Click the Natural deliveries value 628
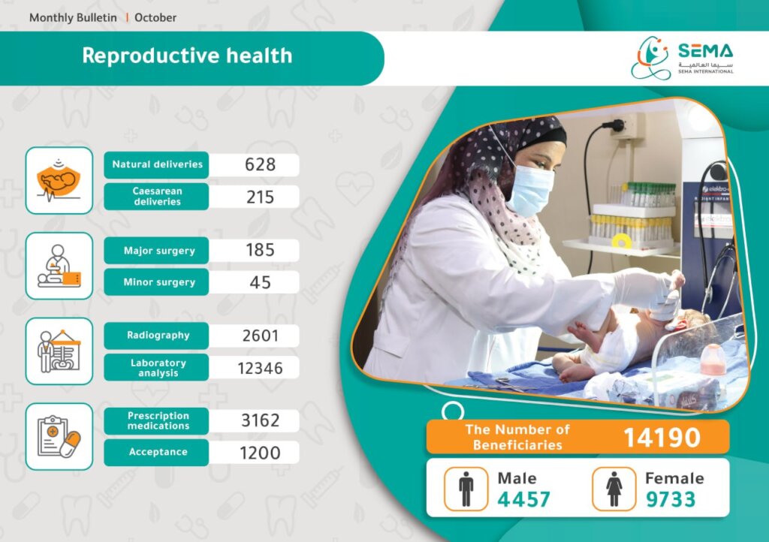click(260, 164)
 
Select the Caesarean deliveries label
click(157, 197)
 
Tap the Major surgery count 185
click(260, 250)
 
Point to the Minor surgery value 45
click(260, 282)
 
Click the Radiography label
click(158, 336)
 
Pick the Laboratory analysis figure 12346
click(260, 368)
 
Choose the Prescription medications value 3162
click(260, 420)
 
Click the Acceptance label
click(158, 452)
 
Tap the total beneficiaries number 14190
click(662, 438)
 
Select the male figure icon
click(466, 489)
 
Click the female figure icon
click(614, 489)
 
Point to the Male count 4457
click(523, 500)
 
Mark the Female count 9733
click(671, 500)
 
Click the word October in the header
click(155, 18)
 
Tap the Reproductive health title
click(187, 56)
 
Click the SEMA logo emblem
click(650, 58)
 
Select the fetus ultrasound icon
click(59, 180)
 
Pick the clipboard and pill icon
click(59, 437)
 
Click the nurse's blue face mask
click(531, 190)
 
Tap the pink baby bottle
click(713, 360)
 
